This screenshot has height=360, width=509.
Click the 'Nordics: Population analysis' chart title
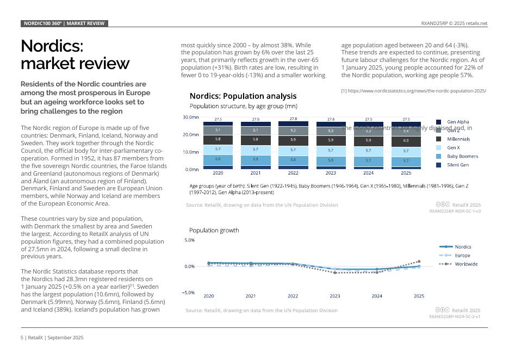pos(243,96)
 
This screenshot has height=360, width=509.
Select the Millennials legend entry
pos(458,139)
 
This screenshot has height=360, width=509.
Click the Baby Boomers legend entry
pos(462,156)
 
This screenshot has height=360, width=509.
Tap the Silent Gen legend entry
pos(457,165)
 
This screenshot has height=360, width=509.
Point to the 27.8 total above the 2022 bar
pos(293,119)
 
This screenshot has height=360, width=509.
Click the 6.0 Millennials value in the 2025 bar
pos(406,140)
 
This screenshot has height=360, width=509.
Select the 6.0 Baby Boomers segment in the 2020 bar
pos(218,159)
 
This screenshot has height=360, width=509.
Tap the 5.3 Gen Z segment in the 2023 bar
pos(331,131)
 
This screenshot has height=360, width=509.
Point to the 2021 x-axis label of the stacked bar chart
pos(255,173)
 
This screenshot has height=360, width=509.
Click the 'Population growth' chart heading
pos(214,230)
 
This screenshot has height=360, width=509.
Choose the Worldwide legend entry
pos(466,264)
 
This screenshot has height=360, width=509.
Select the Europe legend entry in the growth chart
pos(462,256)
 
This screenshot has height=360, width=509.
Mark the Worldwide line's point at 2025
pos(419,262)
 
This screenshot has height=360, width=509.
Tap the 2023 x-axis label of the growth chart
pos(335,296)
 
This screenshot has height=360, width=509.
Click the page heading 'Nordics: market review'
pos(75,54)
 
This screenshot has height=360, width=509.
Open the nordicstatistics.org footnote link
pos(413,91)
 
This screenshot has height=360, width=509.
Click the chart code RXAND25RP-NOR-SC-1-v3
pos(455,211)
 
